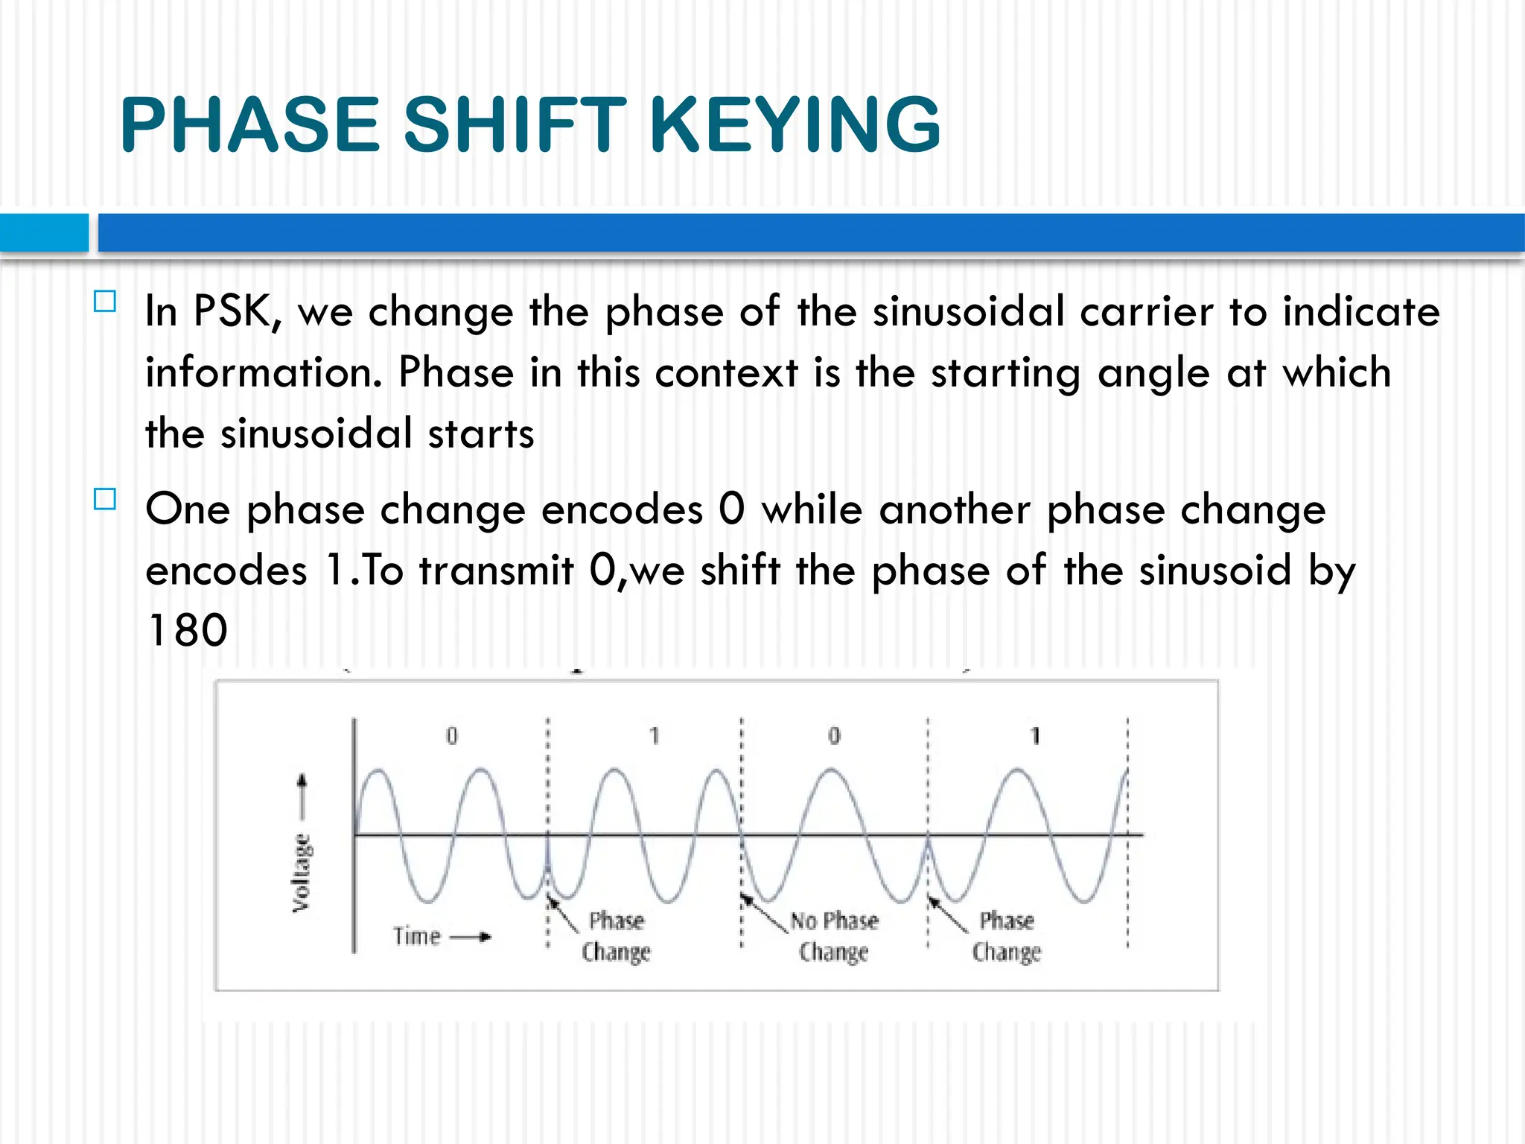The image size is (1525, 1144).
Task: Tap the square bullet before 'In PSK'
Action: (105, 302)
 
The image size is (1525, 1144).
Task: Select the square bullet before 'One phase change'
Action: (105, 499)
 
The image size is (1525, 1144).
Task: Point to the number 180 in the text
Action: (187, 630)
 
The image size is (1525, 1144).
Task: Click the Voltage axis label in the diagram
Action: (301, 873)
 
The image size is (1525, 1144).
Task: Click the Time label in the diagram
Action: (417, 935)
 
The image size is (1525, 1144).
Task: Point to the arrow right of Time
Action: (471, 936)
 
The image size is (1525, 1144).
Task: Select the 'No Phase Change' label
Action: (834, 936)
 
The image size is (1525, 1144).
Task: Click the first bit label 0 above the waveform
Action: (451, 736)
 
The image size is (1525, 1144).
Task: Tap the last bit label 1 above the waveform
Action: (1035, 736)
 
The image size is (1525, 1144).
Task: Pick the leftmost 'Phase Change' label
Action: (616, 936)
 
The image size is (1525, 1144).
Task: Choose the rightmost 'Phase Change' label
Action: (1007, 936)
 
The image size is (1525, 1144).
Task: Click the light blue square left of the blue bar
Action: (43, 232)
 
